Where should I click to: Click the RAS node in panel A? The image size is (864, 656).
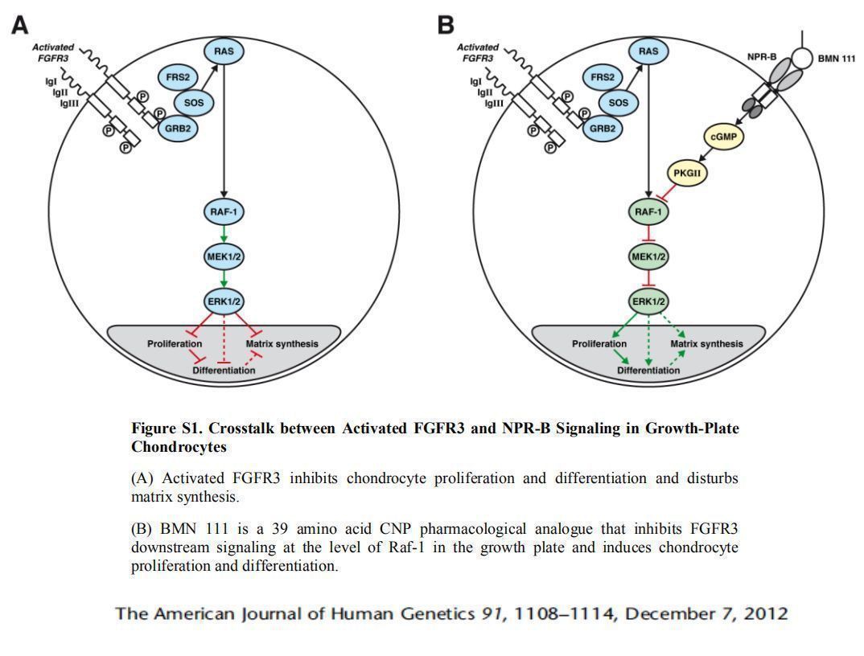click(x=224, y=51)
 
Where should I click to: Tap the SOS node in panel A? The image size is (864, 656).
click(x=194, y=103)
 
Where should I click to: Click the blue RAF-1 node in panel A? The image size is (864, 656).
click(x=224, y=212)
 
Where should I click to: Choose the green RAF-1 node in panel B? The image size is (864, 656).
click(x=648, y=212)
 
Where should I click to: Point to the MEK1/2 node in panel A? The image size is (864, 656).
click(x=224, y=256)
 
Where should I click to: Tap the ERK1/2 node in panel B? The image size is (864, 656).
click(x=648, y=301)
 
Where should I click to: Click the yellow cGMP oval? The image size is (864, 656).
click(x=723, y=137)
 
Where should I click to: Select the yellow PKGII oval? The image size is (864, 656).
click(x=688, y=172)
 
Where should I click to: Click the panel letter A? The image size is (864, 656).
click(x=20, y=26)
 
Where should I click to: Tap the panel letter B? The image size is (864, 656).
click(x=445, y=26)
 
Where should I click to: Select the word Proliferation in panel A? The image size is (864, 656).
click(x=175, y=344)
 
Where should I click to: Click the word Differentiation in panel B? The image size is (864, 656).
click(x=648, y=371)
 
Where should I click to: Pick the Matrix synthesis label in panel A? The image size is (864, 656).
click(x=282, y=344)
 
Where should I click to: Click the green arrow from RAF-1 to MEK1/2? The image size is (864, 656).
click(x=224, y=234)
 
